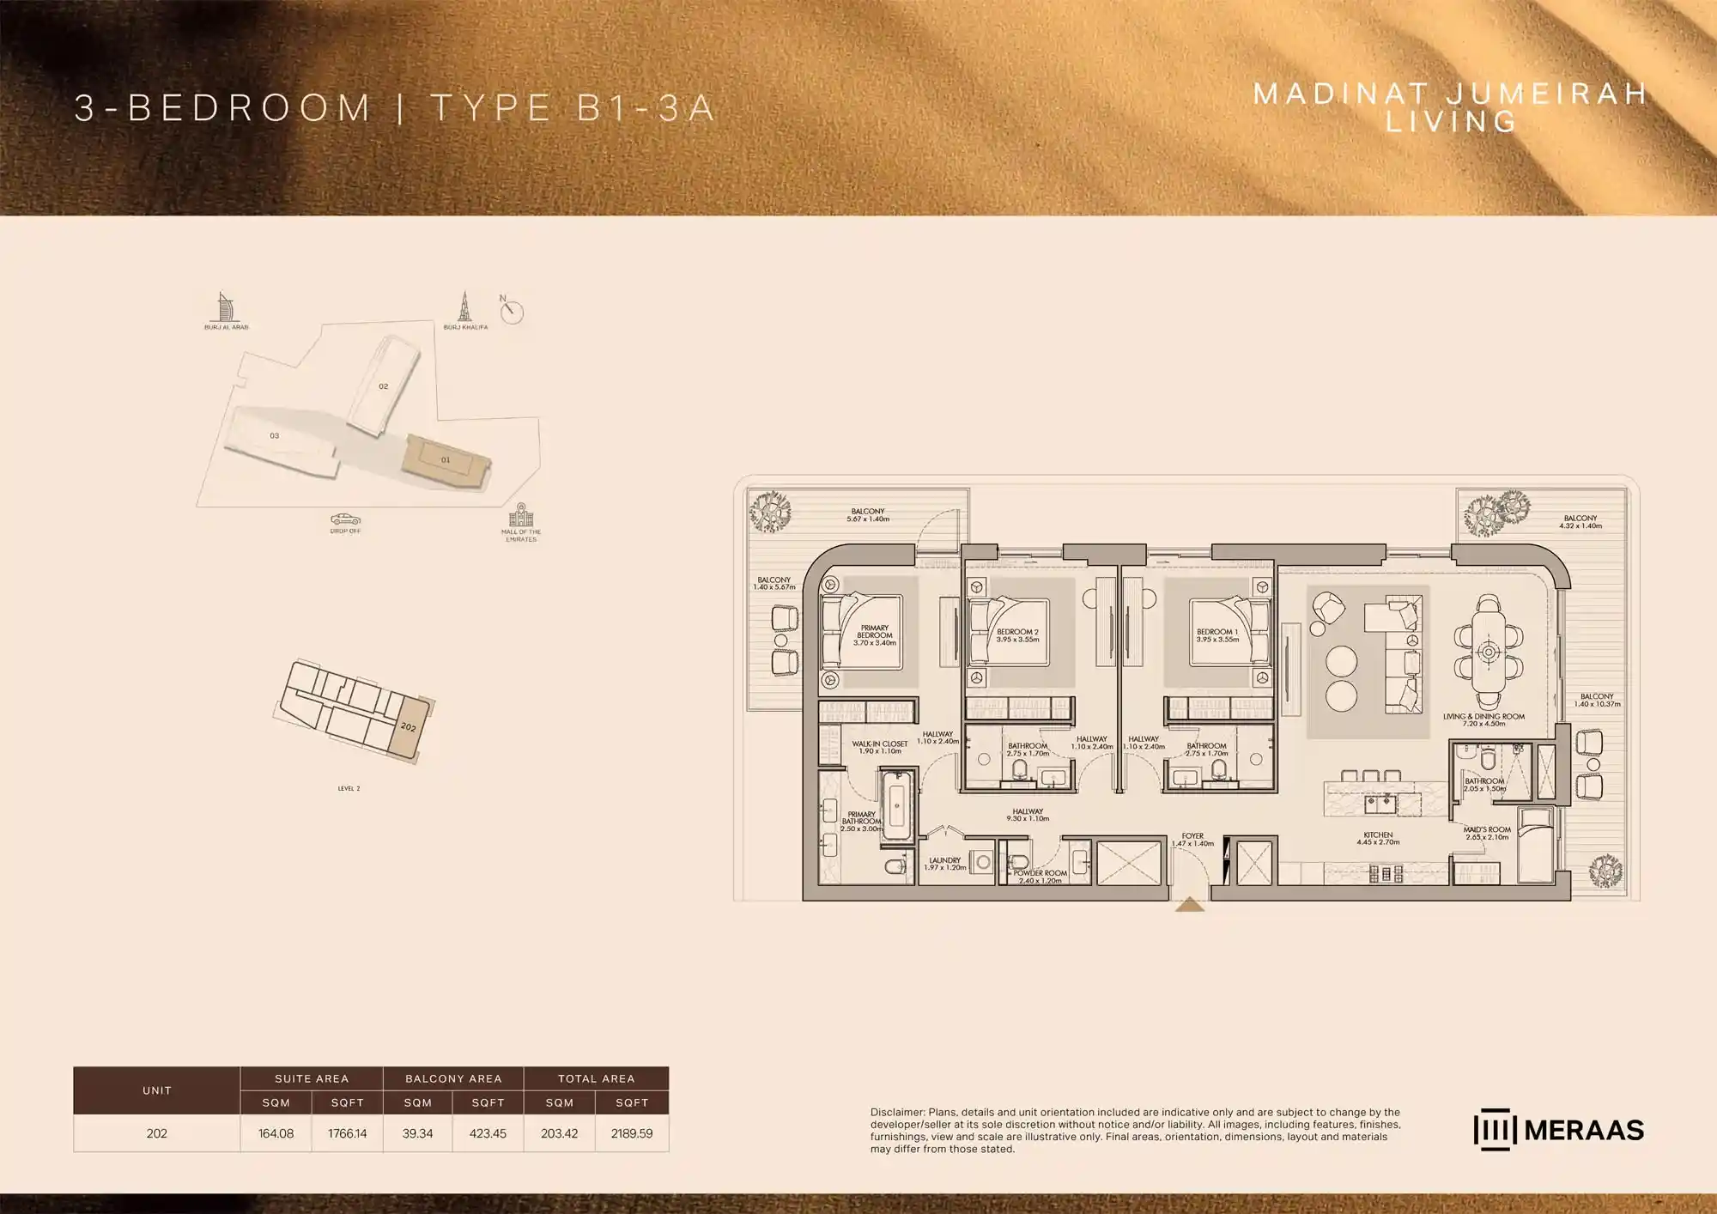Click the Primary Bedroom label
(x=874, y=635)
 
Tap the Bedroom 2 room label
(x=1017, y=635)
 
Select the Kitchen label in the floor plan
(x=1378, y=838)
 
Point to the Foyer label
(x=1192, y=839)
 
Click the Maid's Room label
(x=1487, y=833)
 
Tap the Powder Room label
(x=1040, y=876)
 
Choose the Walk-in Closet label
(x=879, y=747)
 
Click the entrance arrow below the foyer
(x=1189, y=904)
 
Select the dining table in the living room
(x=1489, y=652)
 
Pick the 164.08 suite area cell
(x=276, y=1133)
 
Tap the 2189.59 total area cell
(x=631, y=1133)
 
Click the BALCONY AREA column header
(x=453, y=1078)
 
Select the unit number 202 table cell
(x=156, y=1133)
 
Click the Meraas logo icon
(x=1495, y=1130)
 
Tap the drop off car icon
(x=345, y=519)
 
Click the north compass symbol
(x=512, y=312)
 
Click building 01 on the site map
(x=446, y=460)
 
